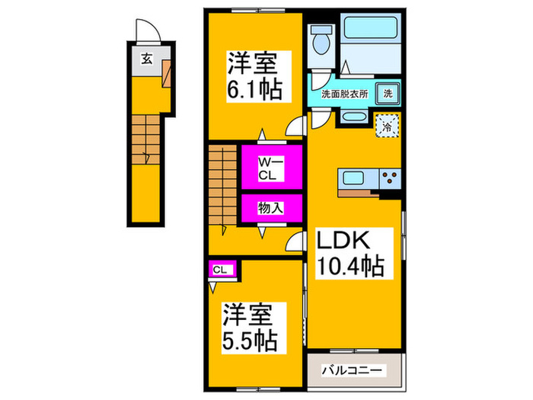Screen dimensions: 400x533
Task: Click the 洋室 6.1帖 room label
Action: (255, 75)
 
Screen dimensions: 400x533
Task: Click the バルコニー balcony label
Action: (353, 370)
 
